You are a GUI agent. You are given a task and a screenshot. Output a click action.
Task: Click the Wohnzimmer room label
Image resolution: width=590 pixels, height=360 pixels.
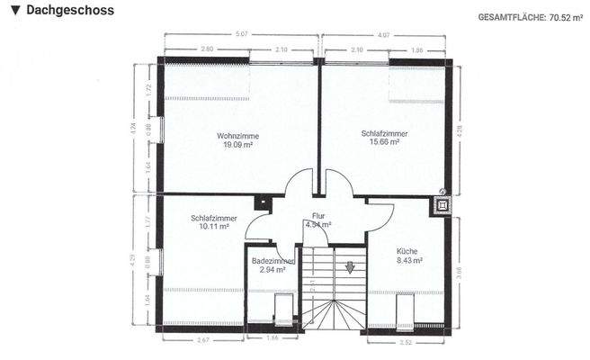(x=237, y=135)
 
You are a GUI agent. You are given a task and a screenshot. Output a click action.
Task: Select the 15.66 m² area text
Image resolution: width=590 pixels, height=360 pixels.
(x=384, y=143)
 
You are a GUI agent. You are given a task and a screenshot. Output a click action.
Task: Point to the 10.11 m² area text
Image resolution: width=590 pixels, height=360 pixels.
(x=214, y=227)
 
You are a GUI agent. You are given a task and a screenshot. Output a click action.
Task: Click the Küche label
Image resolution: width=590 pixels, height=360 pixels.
(x=407, y=251)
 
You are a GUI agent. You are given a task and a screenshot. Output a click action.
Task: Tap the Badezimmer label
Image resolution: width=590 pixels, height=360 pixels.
(x=273, y=260)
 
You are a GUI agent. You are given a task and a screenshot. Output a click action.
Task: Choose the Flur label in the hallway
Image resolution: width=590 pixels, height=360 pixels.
(x=317, y=216)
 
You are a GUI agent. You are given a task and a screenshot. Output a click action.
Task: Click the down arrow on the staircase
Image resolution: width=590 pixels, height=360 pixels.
(x=350, y=266)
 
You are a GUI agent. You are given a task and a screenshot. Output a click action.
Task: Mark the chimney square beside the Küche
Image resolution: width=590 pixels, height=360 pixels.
(x=442, y=205)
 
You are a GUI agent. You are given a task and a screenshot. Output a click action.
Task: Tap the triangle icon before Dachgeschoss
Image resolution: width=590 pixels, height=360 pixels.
(x=14, y=10)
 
